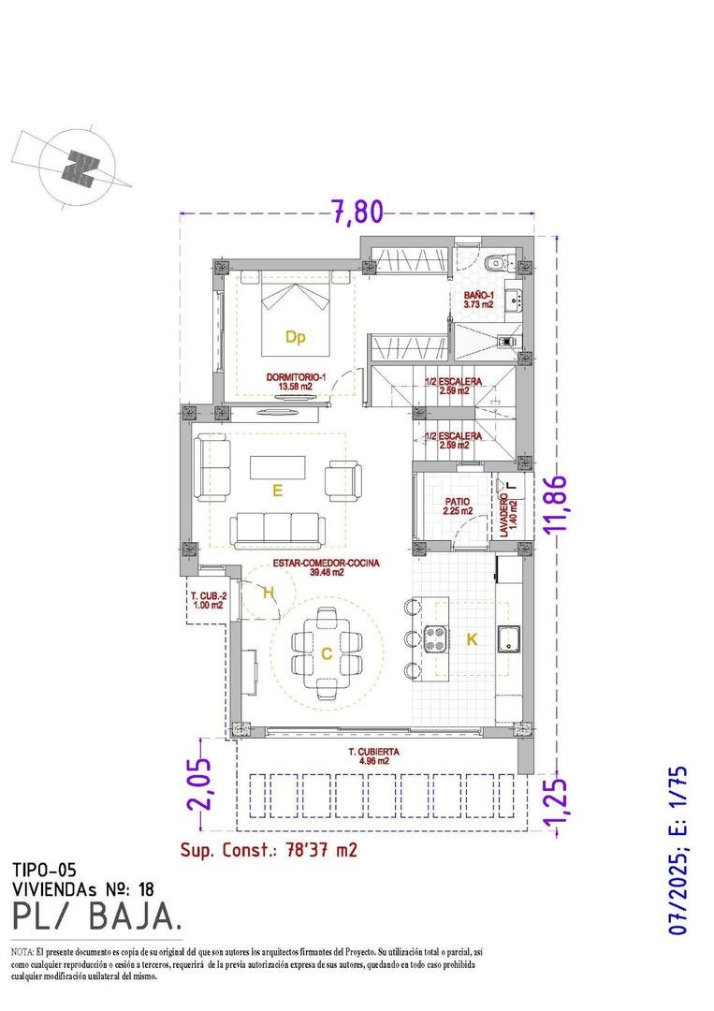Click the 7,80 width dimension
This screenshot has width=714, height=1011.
point(357,212)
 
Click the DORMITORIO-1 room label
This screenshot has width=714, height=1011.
point(295,377)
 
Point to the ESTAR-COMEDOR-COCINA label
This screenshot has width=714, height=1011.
point(326,563)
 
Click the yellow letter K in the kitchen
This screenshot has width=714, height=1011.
point(472,639)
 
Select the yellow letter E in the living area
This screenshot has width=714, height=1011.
point(277,489)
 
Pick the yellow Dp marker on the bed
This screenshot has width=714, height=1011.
point(295,335)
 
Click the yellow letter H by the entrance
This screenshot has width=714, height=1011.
point(269,593)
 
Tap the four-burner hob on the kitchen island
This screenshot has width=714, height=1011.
point(437,640)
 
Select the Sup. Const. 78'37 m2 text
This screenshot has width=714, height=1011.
point(269,850)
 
